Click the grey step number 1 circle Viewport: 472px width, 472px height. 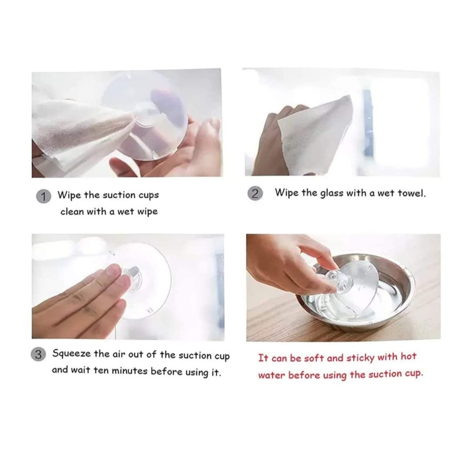(43, 196)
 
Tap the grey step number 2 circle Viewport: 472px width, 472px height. (255, 194)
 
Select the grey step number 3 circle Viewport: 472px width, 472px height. (38, 354)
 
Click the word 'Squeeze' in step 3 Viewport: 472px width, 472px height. (71, 354)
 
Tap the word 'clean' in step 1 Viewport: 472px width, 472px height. (72, 211)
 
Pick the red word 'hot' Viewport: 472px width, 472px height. (408, 357)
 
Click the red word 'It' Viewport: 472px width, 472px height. (263, 358)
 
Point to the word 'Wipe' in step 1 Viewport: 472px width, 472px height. (69, 195)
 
